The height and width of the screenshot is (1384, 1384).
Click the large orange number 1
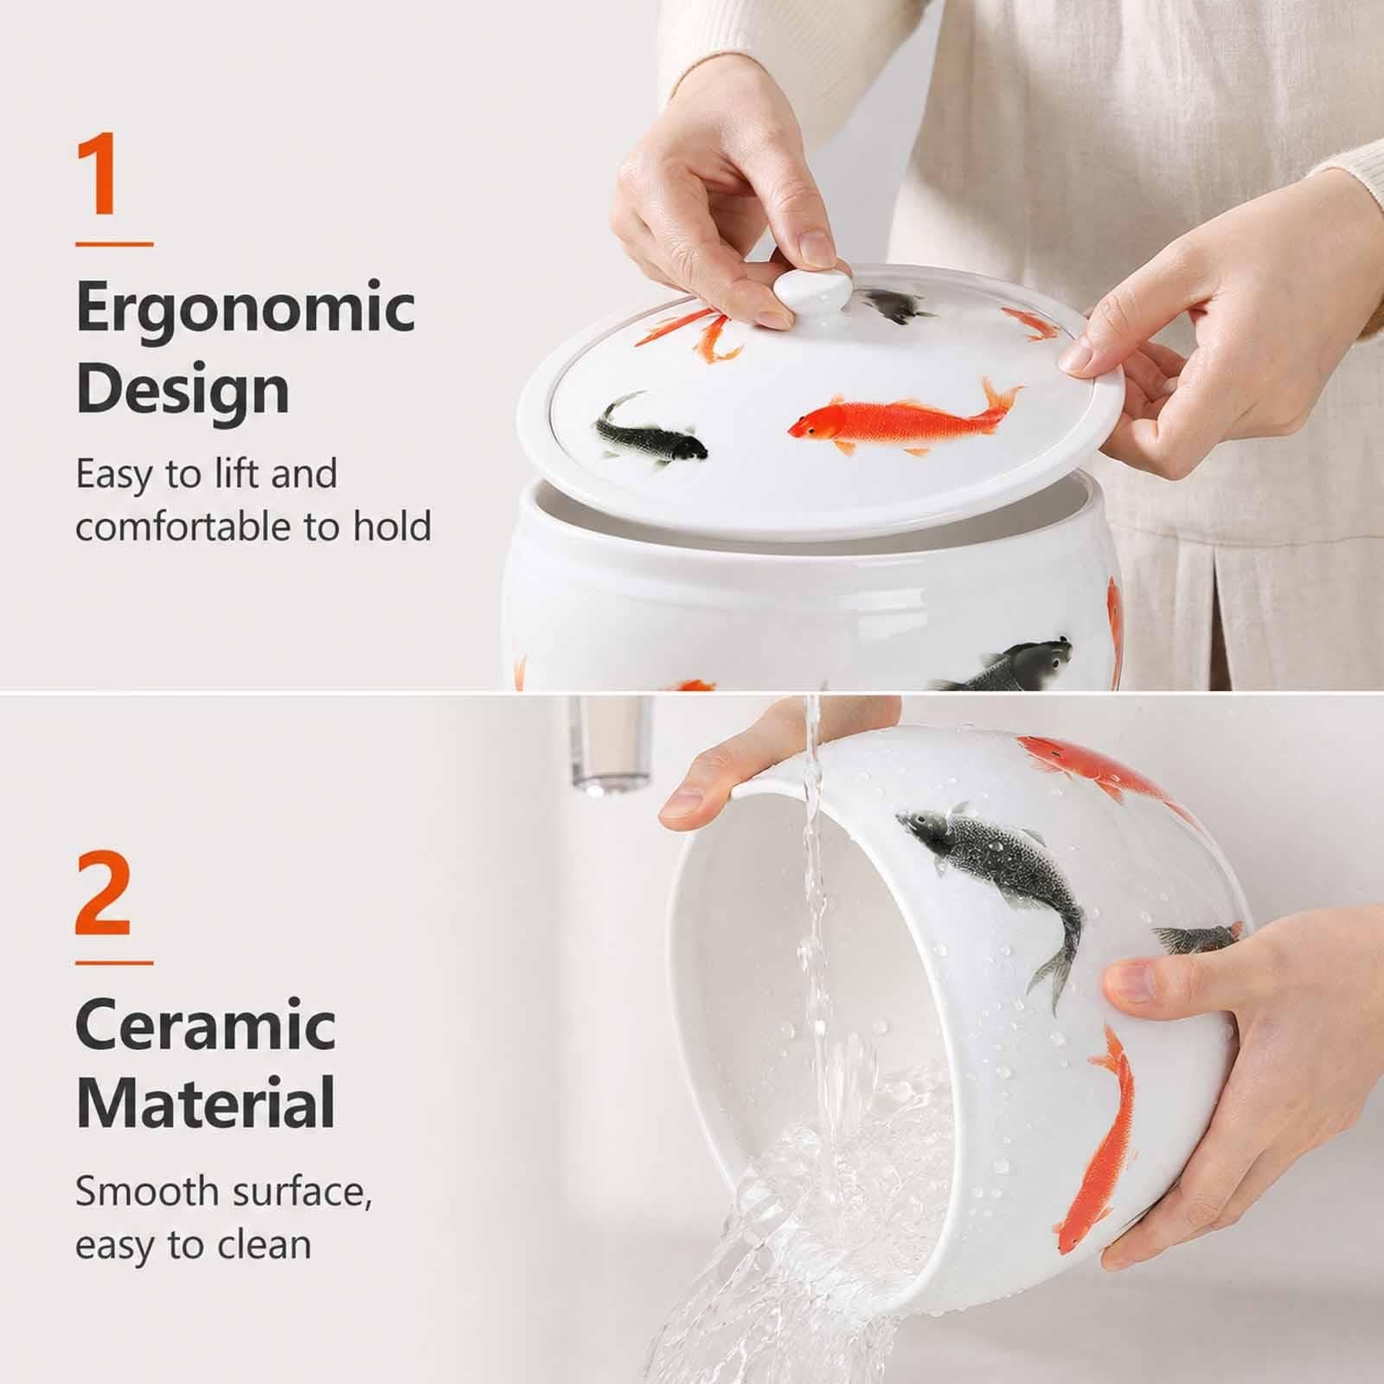click(x=97, y=174)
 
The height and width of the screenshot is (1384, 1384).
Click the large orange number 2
click(x=103, y=893)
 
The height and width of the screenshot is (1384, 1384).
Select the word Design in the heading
click(x=183, y=389)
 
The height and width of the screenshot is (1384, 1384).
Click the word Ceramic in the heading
click(x=206, y=1025)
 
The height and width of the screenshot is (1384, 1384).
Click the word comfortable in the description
click(x=185, y=527)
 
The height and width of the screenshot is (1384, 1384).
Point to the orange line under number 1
click(x=114, y=245)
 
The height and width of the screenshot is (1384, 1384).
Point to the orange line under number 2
click(x=114, y=962)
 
